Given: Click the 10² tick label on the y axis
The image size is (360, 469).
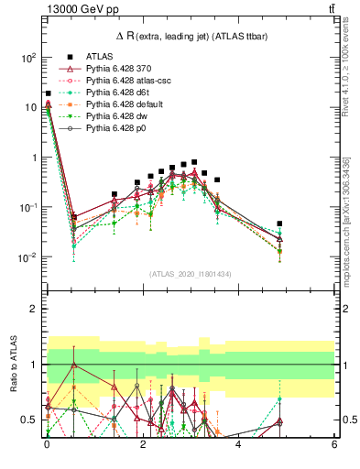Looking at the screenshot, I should (x=28, y=57).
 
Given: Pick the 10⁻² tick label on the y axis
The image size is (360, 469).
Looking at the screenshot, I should (x=28, y=257).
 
